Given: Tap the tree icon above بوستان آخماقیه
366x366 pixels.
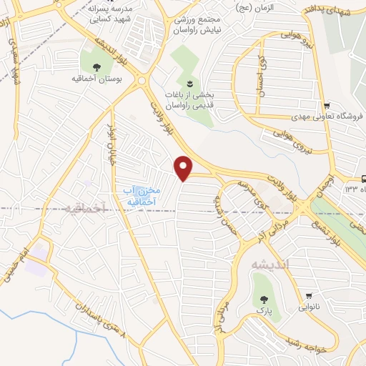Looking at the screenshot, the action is (x=97, y=66).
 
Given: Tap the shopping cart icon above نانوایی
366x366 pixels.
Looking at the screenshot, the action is (x=308, y=295).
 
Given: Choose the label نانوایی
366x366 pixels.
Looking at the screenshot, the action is (x=308, y=307).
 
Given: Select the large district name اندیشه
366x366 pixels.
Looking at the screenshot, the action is (x=268, y=264).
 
